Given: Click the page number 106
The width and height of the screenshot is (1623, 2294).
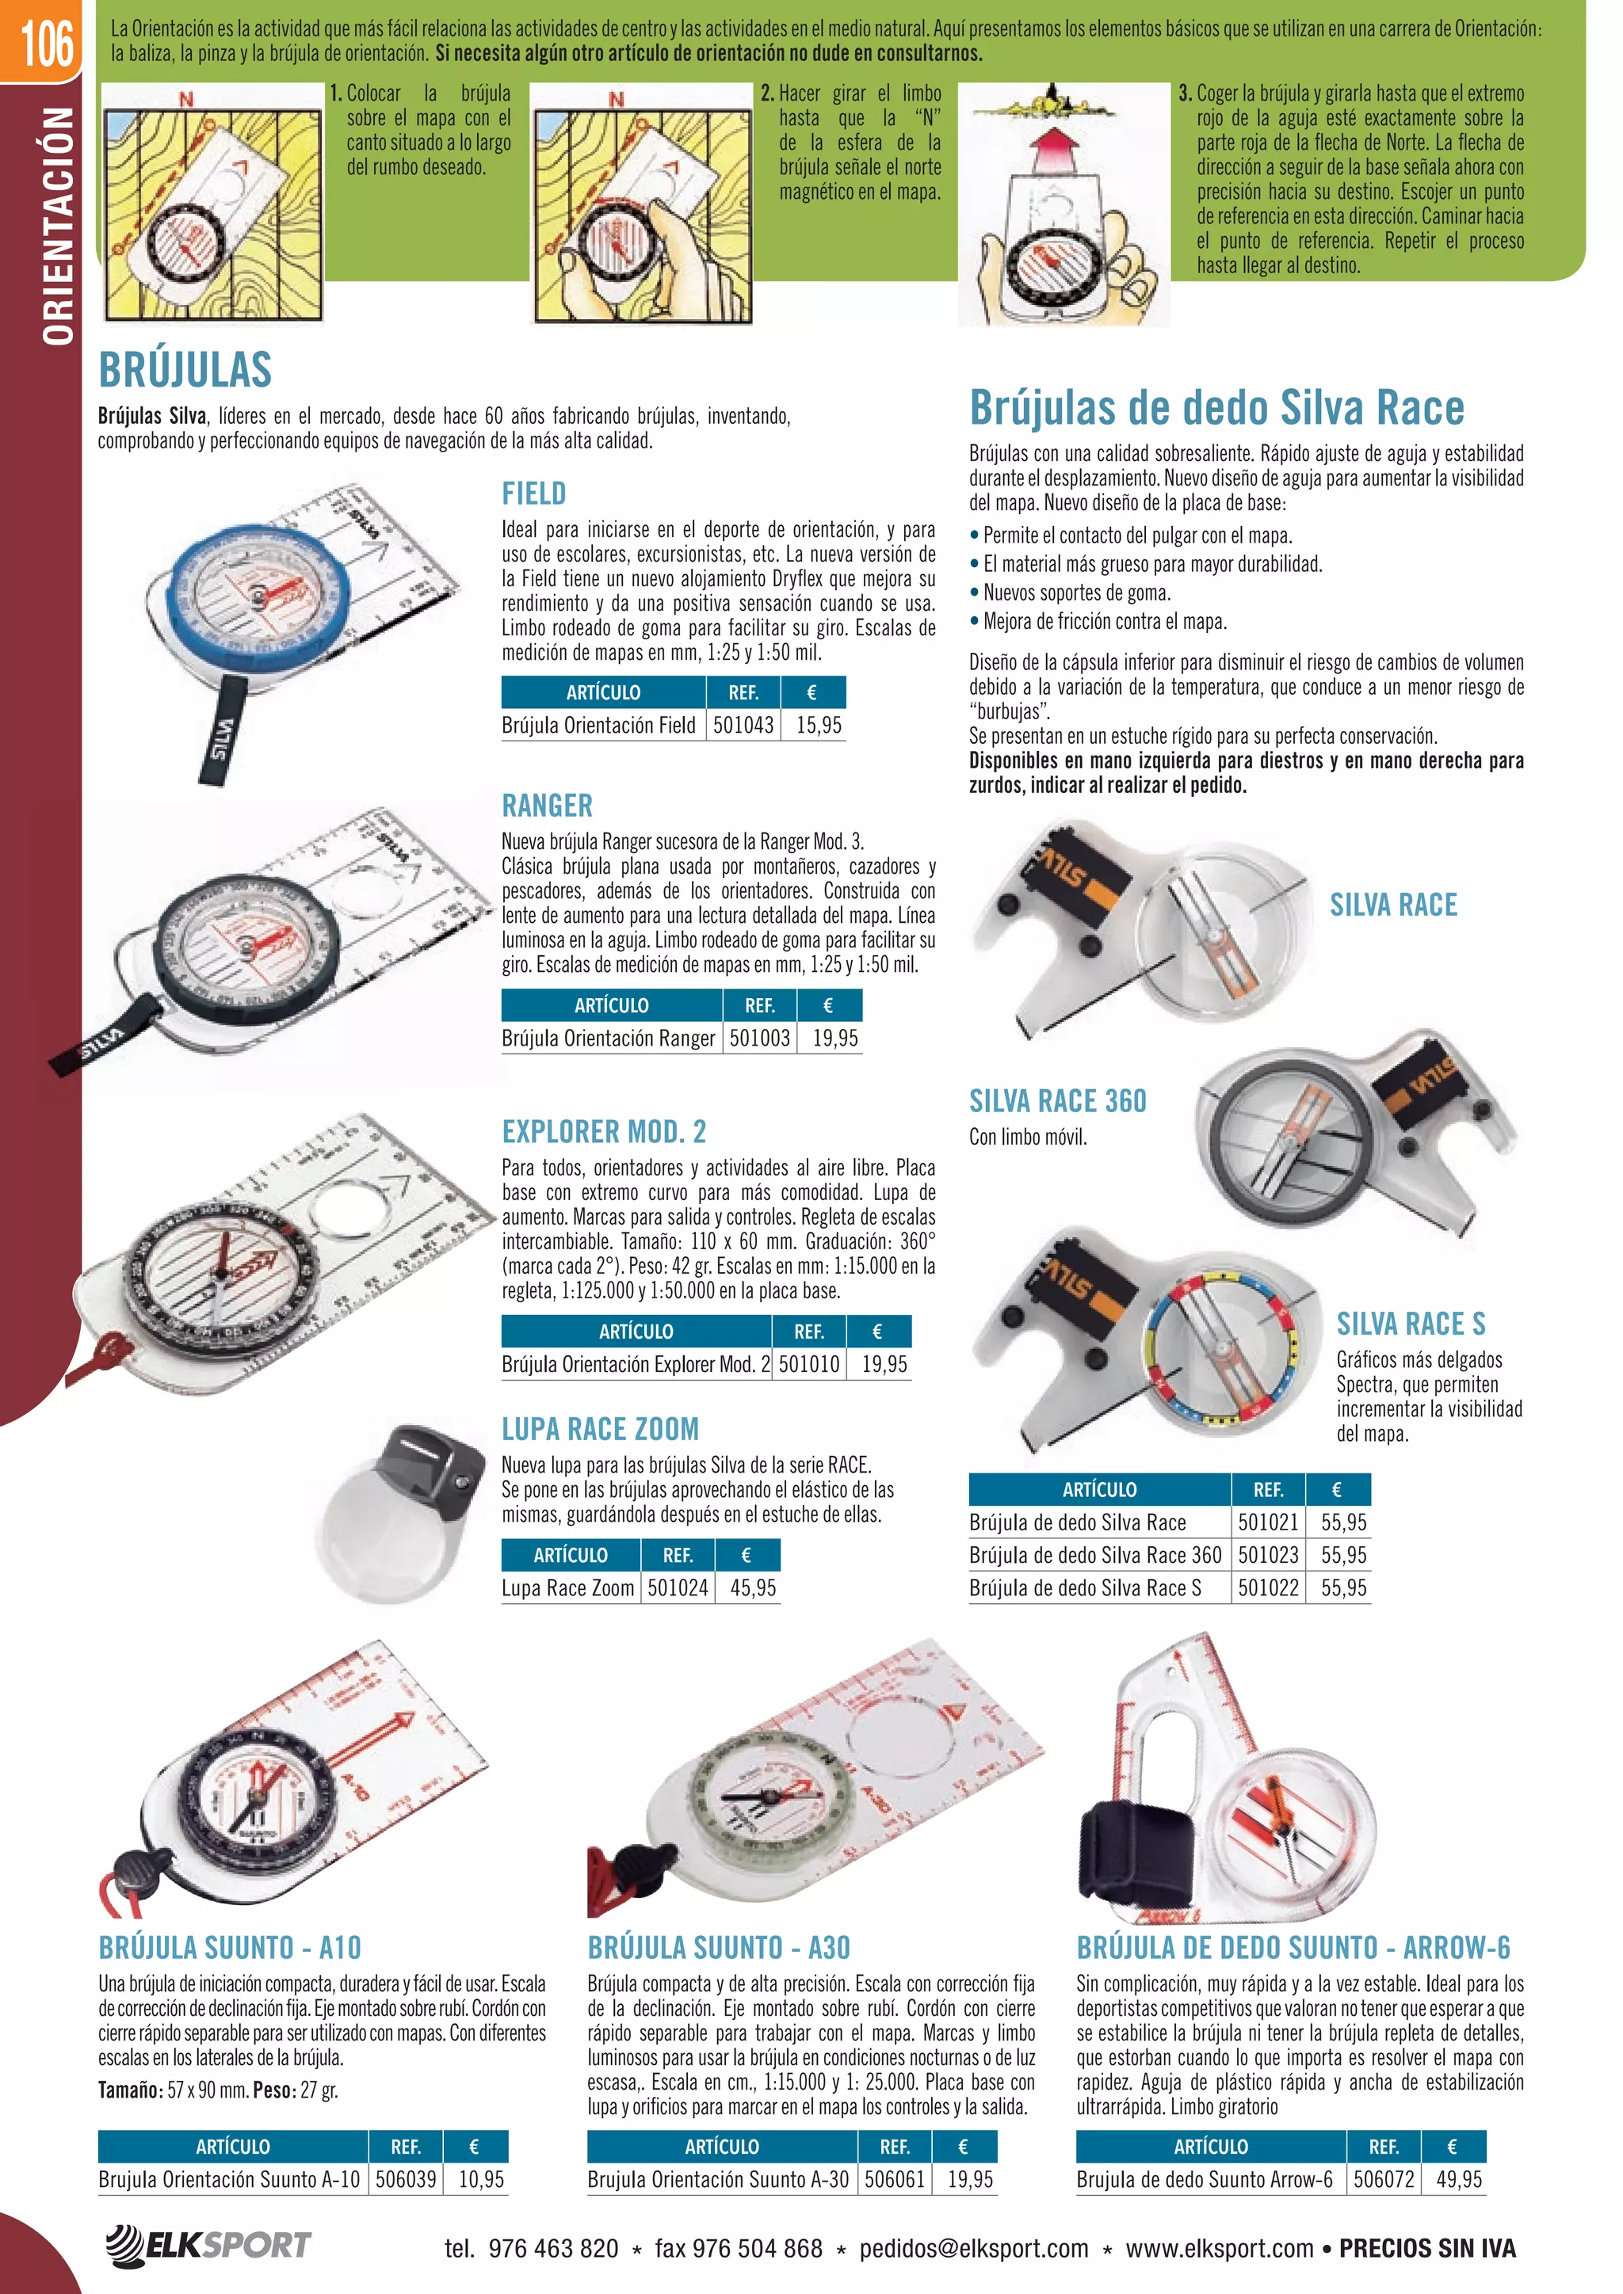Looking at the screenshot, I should point(46,42).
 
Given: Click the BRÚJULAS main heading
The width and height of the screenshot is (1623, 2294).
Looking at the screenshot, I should point(185,370).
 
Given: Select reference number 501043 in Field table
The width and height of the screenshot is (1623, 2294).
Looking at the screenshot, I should point(743,726).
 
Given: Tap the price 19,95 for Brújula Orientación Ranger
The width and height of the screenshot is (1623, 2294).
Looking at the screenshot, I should point(834,1038).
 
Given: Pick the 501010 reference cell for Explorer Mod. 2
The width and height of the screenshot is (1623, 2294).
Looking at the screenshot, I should point(808,1364).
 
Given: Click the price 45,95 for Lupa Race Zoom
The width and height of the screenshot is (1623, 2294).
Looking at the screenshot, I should point(753,1587).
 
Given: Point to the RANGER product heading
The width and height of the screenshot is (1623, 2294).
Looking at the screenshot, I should point(547,806).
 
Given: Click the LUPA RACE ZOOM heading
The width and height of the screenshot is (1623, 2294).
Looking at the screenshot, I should point(600,1429).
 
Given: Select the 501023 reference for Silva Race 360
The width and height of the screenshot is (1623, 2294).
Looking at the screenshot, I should point(1267,1555).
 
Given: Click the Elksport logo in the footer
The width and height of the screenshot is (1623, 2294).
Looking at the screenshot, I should point(208,2244).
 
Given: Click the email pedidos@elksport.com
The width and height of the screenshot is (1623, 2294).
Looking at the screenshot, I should point(973,2249).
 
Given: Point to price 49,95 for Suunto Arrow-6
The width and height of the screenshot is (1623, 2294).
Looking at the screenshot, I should point(1458,2179).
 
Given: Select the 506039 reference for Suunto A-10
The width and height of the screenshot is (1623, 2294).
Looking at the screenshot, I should point(406,2179).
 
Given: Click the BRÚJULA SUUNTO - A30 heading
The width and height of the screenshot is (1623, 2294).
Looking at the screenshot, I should point(719,1947).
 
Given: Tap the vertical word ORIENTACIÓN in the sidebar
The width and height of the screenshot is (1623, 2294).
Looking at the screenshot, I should point(58,226).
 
